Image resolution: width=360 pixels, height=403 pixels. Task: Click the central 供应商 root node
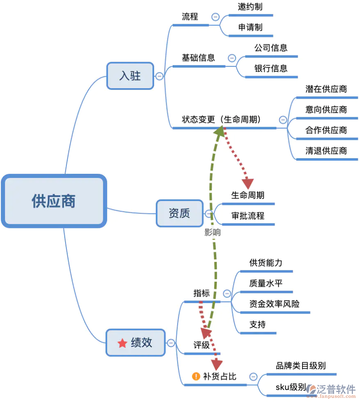coord(54,201)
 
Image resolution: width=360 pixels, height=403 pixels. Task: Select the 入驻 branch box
coord(130,76)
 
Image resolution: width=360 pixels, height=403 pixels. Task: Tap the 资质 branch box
coord(179,213)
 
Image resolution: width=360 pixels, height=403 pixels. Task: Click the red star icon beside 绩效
coord(122,343)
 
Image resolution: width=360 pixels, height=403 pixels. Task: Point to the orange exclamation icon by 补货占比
coord(196,376)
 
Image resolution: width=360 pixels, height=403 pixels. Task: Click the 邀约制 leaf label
coord(250,7)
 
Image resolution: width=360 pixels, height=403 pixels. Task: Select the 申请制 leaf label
coord(250,27)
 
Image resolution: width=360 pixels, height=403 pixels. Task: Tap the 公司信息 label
coord(271,48)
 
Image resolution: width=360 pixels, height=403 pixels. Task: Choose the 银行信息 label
coord(271,68)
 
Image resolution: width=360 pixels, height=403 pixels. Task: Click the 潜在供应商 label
coord(326,89)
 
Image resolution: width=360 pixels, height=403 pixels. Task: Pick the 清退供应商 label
coord(326,151)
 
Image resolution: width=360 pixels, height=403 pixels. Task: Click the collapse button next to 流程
coord(215,17)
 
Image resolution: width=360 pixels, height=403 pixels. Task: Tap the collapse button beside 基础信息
coord(232,58)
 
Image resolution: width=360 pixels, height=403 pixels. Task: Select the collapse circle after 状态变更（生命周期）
coord(283,120)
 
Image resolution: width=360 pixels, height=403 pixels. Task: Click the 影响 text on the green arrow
coord(213,233)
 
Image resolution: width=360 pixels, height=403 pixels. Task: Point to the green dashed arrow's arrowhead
coord(219,131)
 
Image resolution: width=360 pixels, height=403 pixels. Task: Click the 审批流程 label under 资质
coord(248,216)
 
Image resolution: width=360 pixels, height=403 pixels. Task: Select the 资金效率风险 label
coord(274,304)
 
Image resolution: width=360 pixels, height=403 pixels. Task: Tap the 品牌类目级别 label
coord(301,366)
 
